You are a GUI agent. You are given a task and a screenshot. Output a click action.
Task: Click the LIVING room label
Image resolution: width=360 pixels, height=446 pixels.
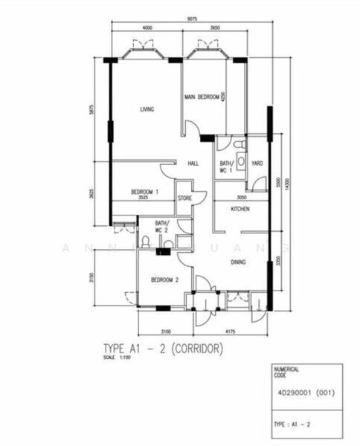(147, 109)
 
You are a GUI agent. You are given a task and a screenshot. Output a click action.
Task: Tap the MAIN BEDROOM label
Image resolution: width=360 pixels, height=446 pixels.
(202, 97)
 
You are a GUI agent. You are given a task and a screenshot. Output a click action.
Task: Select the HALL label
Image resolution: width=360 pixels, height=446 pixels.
(193, 164)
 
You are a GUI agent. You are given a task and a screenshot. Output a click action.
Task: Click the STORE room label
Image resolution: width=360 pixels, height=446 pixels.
(184, 198)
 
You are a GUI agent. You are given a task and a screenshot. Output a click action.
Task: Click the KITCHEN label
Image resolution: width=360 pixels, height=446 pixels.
(240, 210)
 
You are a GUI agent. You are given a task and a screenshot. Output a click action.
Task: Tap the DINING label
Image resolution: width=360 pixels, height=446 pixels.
(238, 262)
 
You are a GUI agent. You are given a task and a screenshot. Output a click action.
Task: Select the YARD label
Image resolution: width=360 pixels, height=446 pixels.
(257, 164)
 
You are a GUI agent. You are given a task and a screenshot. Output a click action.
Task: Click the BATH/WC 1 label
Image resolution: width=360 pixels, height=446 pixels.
(226, 167)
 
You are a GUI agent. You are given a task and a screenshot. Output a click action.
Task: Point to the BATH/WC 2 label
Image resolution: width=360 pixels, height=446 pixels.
(162, 227)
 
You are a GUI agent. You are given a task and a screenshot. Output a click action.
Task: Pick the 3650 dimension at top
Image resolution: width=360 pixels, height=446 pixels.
(214, 28)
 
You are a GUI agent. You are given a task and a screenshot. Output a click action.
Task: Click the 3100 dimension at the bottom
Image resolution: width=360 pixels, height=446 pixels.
(165, 331)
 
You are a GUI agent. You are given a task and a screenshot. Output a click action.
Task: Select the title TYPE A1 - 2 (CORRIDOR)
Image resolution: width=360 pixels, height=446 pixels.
(162, 348)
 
